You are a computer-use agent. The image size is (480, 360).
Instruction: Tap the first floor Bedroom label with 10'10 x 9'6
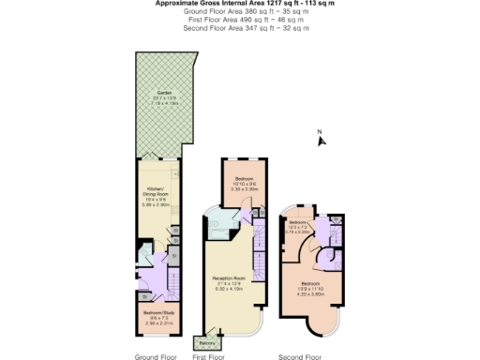(x=242, y=180)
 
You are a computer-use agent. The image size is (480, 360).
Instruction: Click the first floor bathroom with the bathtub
(x=217, y=223)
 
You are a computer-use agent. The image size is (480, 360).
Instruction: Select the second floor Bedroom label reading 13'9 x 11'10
(x=310, y=285)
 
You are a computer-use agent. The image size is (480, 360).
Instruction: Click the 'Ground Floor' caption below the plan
(x=156, y=356)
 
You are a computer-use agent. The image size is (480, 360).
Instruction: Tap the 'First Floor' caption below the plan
(x=210, y=356)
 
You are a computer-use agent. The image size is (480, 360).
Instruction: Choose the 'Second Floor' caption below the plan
(x=301, y=356)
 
